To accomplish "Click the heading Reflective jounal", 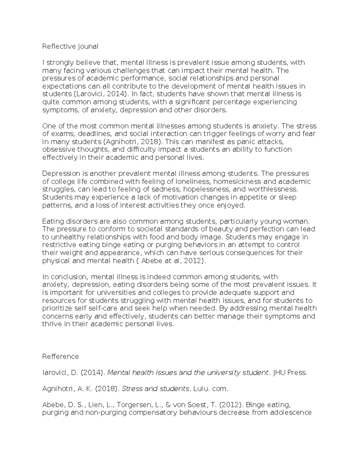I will (x=70, y=47).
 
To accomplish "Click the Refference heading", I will (x=60, y=356).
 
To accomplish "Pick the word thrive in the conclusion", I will (x=52, y=324).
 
